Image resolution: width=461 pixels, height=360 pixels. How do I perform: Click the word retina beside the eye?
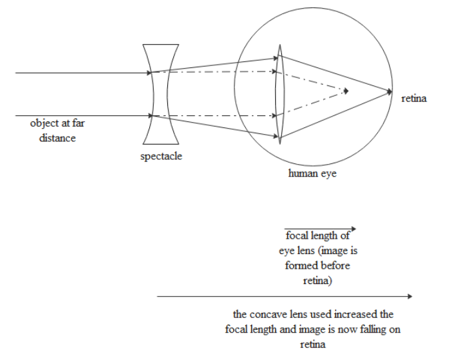click(x=414, y=99)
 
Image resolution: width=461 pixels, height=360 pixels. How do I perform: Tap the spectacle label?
click(x=161, y=157)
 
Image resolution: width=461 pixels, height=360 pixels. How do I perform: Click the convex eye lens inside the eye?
click(x=280, y=94)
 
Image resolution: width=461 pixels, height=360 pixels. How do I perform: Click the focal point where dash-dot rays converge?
click(x=346, y=90)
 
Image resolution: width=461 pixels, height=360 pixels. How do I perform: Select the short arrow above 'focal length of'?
click(x=320, y=229)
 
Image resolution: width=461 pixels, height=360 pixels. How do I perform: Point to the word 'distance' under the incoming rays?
click(x=57, y=137)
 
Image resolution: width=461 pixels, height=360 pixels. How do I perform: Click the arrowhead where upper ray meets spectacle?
click(x=151, y=72)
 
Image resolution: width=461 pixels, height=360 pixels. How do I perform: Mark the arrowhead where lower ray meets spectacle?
click(x=151, y=115)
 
